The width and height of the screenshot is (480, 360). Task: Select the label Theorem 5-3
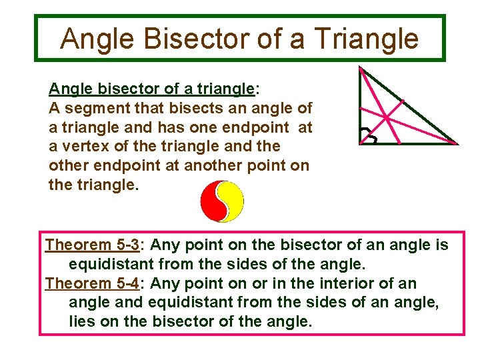pos(91,245)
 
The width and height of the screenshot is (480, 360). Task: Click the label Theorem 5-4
pos(91,283)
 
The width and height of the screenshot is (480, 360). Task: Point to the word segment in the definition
pos(95,107)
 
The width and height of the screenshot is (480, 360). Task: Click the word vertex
pos(84,145)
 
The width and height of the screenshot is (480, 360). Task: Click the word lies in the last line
pos(81,321)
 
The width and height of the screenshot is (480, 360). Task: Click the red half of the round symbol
pos(213,202)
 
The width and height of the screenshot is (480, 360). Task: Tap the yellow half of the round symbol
pos(233,202)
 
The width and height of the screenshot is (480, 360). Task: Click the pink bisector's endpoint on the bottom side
pos(399,144)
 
